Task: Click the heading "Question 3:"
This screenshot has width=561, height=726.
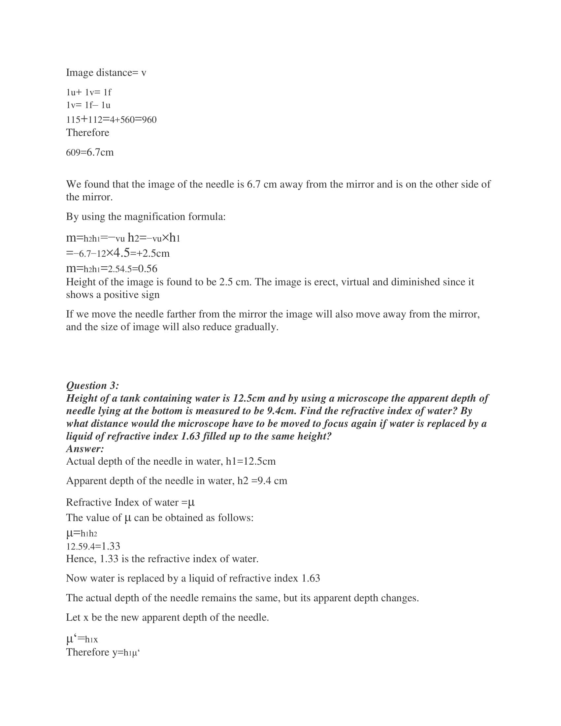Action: [92, 385]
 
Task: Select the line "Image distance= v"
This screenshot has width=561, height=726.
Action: [106, 73]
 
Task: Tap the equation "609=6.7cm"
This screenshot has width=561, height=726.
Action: [90, 152]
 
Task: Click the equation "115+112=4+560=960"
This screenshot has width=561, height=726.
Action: [111, 119]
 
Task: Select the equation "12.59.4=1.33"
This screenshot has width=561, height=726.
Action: [93, 546]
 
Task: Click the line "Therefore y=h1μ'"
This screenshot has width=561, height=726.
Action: [103, 652]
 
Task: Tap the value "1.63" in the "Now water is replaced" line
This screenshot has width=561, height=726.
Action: [311, 578]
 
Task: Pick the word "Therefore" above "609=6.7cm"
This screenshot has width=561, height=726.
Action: [87, 133]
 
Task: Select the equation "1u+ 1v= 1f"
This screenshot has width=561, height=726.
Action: [89, 92]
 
